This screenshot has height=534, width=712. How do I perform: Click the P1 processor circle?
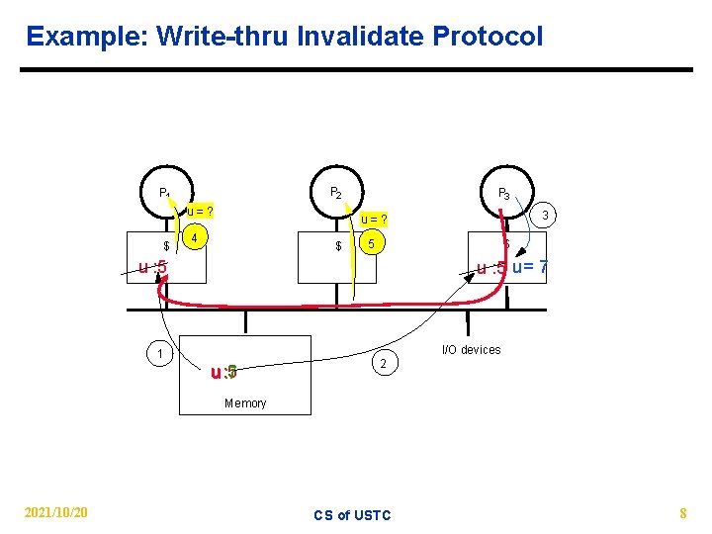165,193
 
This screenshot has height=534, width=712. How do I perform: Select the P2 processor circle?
336,193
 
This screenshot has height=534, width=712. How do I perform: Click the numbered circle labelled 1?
158,354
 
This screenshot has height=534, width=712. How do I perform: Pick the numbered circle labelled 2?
384,366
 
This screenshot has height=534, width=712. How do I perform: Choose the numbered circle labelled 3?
544,216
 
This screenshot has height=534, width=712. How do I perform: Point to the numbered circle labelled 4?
197,238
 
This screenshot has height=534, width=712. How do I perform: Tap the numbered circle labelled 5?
370,243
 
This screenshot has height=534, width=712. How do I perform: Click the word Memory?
245,402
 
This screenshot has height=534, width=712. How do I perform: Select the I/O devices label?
471,349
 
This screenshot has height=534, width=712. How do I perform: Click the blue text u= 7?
530,268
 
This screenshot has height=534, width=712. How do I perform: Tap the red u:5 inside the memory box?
223,373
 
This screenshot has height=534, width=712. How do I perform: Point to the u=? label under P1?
202,211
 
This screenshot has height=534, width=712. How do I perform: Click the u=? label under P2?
373,219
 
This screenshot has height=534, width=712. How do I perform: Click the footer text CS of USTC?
352,514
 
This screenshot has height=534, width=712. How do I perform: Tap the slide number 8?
682,512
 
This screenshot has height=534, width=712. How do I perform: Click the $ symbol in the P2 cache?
338,245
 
